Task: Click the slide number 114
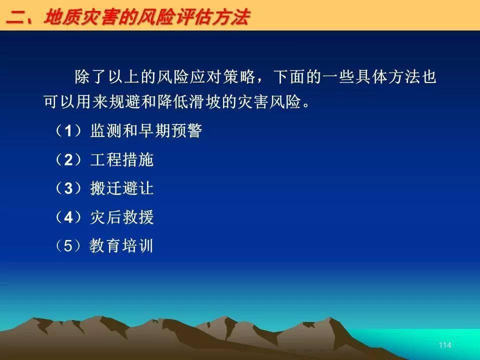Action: coord(445,345)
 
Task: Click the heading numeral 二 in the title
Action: coord(15,17)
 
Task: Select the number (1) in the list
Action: coord(68,131)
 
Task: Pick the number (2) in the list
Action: coord(68,160)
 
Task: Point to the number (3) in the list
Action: coord(68,188)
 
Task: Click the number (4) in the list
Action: coord(68,217)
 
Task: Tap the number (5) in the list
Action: coord(68,246)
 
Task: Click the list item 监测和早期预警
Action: coord(146,131)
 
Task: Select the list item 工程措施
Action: coord(122,160)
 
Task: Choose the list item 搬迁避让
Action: coord(122,188)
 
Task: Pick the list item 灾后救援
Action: coord(122,217)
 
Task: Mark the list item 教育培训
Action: coord(121,246)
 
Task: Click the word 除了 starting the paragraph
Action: coord(91,76)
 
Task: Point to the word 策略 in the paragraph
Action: coord(239,76)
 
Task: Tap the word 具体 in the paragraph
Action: coord(371,76)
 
